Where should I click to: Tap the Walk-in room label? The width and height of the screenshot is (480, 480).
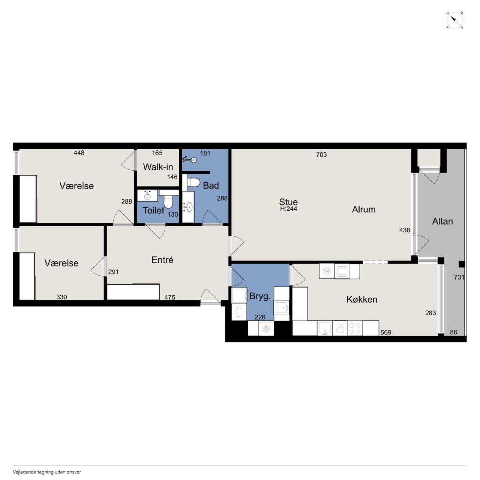[158, 167]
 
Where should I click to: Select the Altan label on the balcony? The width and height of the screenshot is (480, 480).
[442, 221]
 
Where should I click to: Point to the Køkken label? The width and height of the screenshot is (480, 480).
[362, 299]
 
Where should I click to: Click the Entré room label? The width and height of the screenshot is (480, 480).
[162, 260]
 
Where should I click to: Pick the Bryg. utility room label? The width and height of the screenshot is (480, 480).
[260, 297]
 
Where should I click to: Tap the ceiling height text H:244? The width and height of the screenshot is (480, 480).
[288, 209]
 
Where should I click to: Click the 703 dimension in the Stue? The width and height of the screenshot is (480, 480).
[321, 154]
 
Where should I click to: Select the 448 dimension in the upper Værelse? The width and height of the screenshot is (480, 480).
[79, 153]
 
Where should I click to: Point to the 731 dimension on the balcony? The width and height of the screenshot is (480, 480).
[459, 277]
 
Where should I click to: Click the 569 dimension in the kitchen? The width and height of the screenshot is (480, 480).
[386, 332]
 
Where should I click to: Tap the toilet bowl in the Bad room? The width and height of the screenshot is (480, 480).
[193, 183]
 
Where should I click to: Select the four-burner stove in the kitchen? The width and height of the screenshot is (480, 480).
[355, 328]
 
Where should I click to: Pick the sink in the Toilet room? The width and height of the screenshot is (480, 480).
[147, 195]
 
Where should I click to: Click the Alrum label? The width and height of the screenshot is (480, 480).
[364, 209]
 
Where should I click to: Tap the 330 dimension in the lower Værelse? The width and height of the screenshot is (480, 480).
[61, 297]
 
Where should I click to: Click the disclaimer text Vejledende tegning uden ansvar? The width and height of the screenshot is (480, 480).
[47, 472]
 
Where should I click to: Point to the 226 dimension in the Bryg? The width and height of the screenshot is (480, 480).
[260, 317]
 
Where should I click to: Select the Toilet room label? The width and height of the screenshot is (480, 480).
[153, 210]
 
